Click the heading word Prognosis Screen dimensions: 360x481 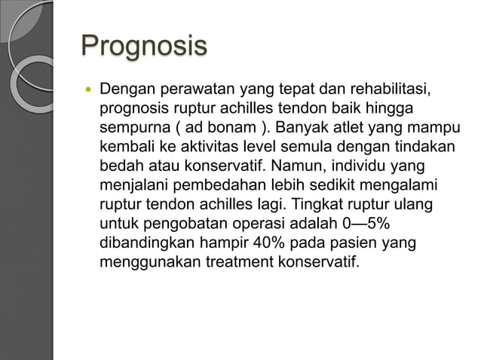(x=143, y=45)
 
